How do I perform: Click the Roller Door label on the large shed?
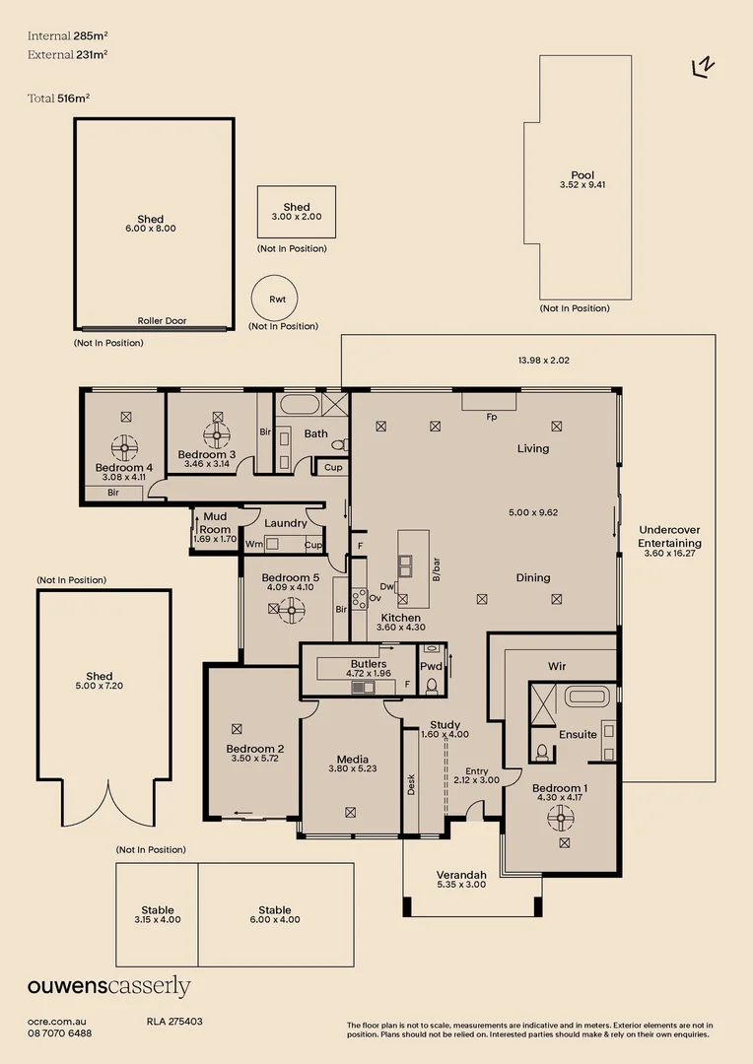click(162, 321)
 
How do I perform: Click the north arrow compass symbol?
click(704, 66)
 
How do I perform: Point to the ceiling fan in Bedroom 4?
click(124, 448)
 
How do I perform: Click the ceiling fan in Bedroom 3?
click(215, 434)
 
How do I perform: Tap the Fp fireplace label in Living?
click(491, 417)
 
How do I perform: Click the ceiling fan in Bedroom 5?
click(290, 611)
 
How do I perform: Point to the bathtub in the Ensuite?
click(588, 698)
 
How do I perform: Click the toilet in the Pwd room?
click(432, 684)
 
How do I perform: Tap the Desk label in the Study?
click(411, 784)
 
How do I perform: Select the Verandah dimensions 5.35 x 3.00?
click(462, 885)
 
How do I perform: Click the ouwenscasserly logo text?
click(108, 987)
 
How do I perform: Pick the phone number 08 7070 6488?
click(60, 1033)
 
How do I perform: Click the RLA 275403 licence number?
click(174, 1022)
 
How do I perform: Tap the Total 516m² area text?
click(59, 98)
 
